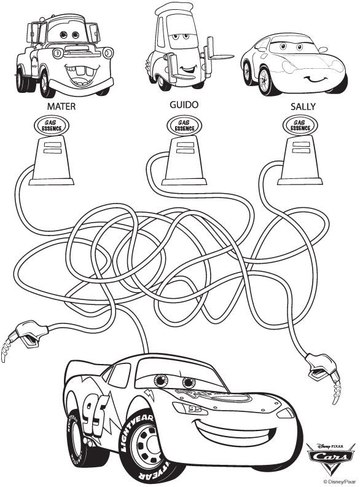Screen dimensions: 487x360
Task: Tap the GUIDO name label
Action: tap(184, 105)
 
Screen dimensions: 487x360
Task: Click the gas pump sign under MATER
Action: tap(56, 125)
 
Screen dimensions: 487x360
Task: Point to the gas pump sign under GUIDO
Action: tap(183, 125)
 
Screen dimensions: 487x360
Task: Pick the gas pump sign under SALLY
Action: tap(300, 125)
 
